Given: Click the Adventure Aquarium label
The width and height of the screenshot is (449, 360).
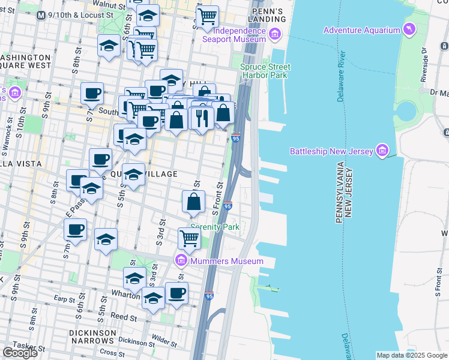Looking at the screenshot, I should (361, 30).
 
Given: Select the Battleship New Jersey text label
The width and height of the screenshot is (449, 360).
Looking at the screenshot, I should (331, 151).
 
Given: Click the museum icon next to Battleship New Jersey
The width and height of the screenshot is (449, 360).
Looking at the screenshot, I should (381, 150).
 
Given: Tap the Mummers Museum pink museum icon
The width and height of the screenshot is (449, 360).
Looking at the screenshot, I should (181, 260).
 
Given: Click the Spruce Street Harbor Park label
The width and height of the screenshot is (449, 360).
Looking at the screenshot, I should (265, 71).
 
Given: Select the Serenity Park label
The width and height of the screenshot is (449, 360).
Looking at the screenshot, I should (215, 227).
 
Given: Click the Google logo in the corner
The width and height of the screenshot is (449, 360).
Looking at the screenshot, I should (20, 353).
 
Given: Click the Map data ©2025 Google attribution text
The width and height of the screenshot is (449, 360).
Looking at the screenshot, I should (412, 355).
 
